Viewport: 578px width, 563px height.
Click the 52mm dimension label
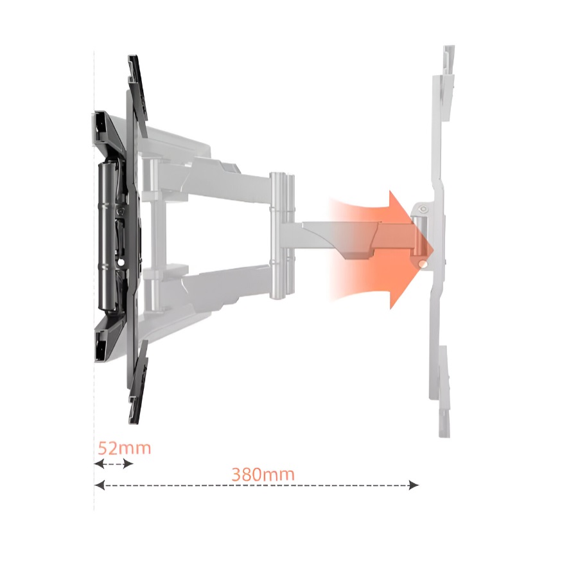click(x=125, y=448)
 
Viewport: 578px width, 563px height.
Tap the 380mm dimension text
click(x=263, y=474)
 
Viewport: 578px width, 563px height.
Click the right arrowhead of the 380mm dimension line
click(x=414, y=485)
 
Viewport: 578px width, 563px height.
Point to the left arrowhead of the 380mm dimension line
click(x=100, y=485)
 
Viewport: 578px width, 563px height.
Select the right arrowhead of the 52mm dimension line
click(x=128, y=464)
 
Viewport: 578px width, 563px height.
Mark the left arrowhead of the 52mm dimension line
click(x=100, y=464)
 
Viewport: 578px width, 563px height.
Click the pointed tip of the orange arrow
click(x=434, y=251)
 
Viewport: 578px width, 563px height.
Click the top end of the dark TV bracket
click(x=133, y=57)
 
